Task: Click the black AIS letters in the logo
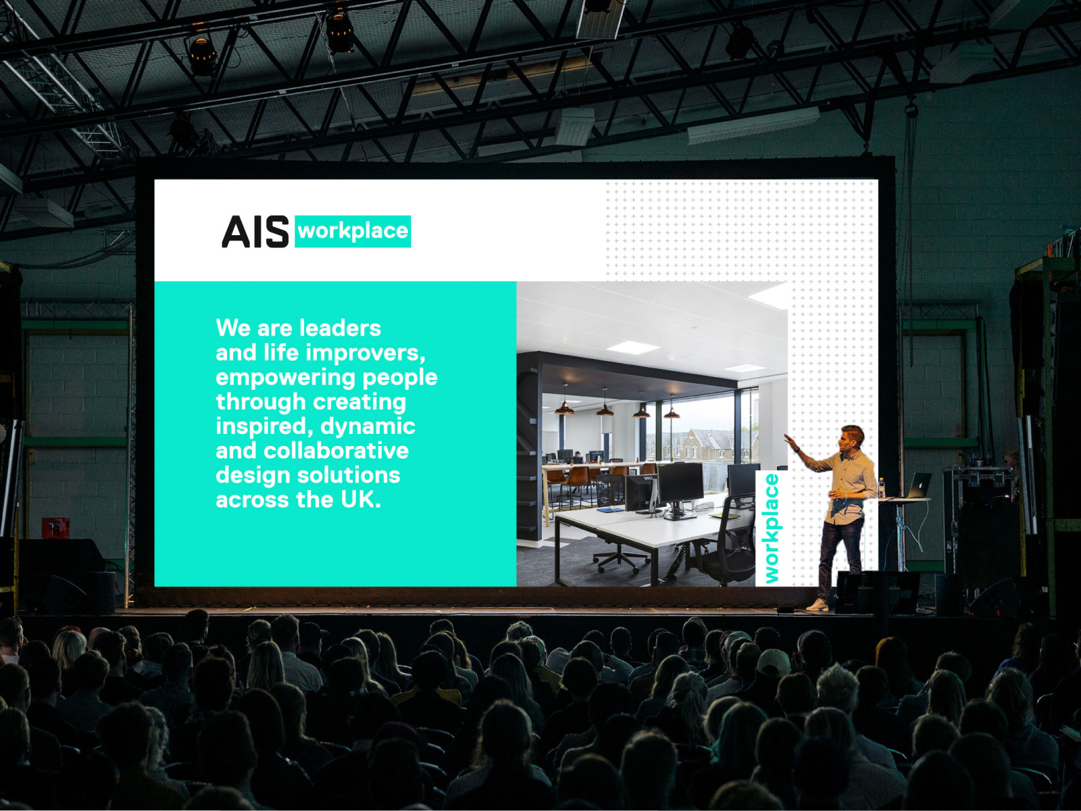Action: point(255,232)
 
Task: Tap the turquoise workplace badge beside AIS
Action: point(353,231)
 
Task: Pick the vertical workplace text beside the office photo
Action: point(771,528)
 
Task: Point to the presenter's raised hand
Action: point(789,440)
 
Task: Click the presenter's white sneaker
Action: point(818,605)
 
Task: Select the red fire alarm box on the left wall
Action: point(55,527)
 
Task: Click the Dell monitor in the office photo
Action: point(640,493)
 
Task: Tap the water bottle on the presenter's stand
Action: point(882,488)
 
